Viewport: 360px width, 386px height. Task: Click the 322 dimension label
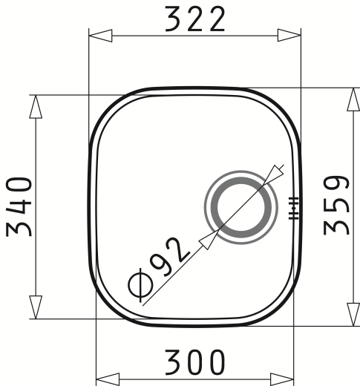click(195, 19)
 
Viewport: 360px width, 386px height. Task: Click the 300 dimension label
click(195, 362)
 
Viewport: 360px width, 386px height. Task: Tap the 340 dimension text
click(19, 207)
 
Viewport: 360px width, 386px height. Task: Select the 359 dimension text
click(336, 205)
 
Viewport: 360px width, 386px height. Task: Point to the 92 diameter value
click(171, 257)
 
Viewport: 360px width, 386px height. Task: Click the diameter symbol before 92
click(140, 285)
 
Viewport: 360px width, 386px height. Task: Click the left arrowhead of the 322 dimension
click(100, 36)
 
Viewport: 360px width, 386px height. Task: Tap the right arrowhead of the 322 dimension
click(289, 36)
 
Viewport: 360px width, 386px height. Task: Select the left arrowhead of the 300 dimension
click(108, 379)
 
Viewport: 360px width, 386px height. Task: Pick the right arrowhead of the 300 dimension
click(282, 379)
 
